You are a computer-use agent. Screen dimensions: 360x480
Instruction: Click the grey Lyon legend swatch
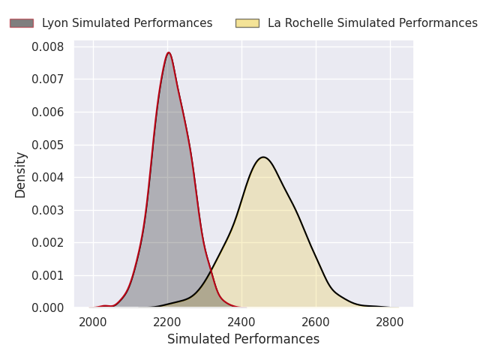(21, 23)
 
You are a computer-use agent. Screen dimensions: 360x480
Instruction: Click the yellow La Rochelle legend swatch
(247, 23)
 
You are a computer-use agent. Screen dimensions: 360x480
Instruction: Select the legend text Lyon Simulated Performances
(127, 23)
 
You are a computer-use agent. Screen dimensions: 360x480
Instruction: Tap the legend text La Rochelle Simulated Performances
(372, 23)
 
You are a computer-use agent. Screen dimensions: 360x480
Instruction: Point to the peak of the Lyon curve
(169, 52)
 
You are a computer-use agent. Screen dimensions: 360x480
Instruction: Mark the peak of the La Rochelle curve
(263, 157)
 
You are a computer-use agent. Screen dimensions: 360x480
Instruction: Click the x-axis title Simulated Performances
(243, 339)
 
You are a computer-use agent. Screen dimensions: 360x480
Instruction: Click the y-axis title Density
(21, 175)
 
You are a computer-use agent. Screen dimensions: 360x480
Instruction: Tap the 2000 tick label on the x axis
(93, 323)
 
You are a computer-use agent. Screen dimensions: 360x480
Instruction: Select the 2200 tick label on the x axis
(167, 323)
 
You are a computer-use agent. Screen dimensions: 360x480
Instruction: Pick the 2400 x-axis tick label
(241, 323)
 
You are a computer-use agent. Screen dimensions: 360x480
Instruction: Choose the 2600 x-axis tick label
(316, 323)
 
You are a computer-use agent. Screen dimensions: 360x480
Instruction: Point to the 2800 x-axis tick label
(390, 323)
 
